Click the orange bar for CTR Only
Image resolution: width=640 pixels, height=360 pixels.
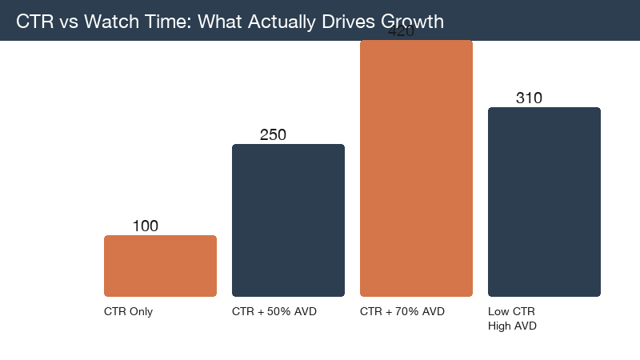160,266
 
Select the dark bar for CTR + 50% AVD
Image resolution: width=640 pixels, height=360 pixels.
288,220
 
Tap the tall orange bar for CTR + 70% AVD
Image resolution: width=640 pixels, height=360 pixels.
416,168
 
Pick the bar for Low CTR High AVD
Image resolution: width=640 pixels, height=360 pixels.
544,202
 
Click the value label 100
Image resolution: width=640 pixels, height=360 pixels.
145,226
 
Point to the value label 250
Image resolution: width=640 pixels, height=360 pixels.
273,135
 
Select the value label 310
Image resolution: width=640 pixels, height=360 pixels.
529,98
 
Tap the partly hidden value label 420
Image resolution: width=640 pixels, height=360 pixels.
400,34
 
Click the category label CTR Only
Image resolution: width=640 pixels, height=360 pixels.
128,312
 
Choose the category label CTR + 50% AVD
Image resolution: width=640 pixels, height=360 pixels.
274,312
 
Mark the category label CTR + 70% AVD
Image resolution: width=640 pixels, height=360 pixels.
402,312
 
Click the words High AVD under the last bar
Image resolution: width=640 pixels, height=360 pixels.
512,326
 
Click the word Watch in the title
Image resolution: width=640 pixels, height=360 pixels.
105,22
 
